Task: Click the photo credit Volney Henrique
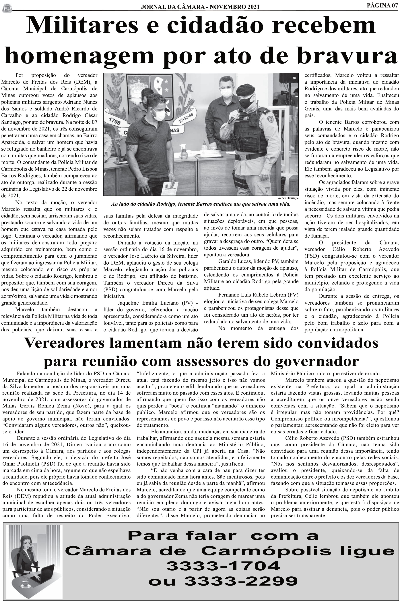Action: pyautogui.click(x=288, y=198)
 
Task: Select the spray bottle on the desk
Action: pyautogui.click(x=184, y=152)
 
